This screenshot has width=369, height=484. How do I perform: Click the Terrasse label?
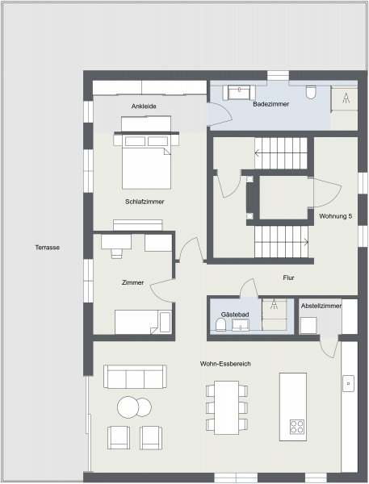click(48, 248)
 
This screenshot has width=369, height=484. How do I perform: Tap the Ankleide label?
click(144, 106)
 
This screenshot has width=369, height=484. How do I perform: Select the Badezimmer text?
click(271, 104)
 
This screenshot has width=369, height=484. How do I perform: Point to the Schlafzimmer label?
click(145, 202)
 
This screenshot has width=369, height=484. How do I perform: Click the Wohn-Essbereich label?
click(225, 364)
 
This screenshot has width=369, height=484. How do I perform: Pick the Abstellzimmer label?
click(321, 306)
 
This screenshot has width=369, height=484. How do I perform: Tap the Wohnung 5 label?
click(336, 216)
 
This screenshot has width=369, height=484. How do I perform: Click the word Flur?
click(288, 277)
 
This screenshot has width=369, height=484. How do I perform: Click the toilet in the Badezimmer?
click(311, 92)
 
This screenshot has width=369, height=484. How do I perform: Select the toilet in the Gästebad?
click(221, 325)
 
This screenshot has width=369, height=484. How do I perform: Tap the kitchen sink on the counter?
click(348, 383)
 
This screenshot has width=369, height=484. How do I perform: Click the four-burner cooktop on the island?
click(296, 427)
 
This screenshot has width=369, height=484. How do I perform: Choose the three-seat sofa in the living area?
click(135, 377)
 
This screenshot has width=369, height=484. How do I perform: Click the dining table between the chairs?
click(227, 407)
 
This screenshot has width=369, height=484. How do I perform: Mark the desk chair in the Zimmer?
click(116, 253)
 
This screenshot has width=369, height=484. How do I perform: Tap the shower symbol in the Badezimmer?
click(346, 98)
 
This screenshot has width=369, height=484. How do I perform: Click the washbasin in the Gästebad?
click(241, 325)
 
